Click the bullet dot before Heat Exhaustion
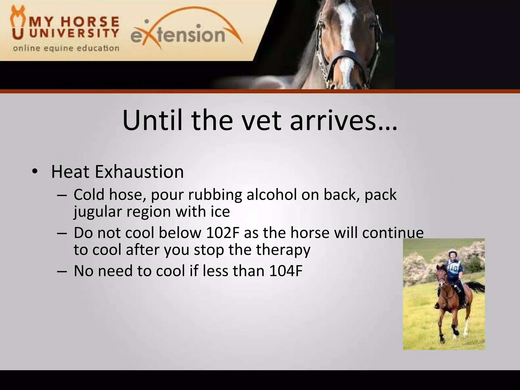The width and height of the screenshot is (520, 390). pos(35,172)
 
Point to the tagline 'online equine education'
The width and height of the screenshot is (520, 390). pos(66,48)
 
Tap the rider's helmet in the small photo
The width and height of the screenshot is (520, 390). pos(451,253)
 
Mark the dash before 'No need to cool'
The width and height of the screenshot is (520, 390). pos(62,271)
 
